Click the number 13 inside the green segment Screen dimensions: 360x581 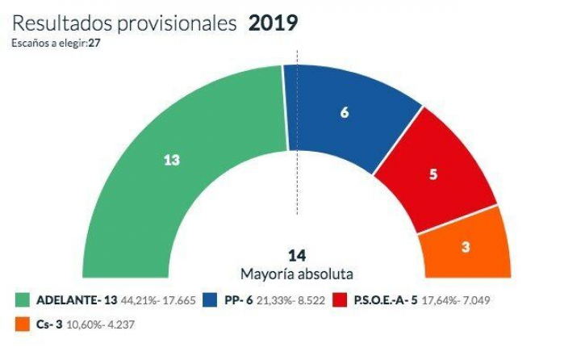point(171,160)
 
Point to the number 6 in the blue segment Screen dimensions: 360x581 point(345,113)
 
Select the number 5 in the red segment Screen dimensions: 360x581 point(433,174)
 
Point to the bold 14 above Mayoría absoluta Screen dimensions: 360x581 point(297,256)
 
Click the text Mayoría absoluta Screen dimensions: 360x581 point(297,274)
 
